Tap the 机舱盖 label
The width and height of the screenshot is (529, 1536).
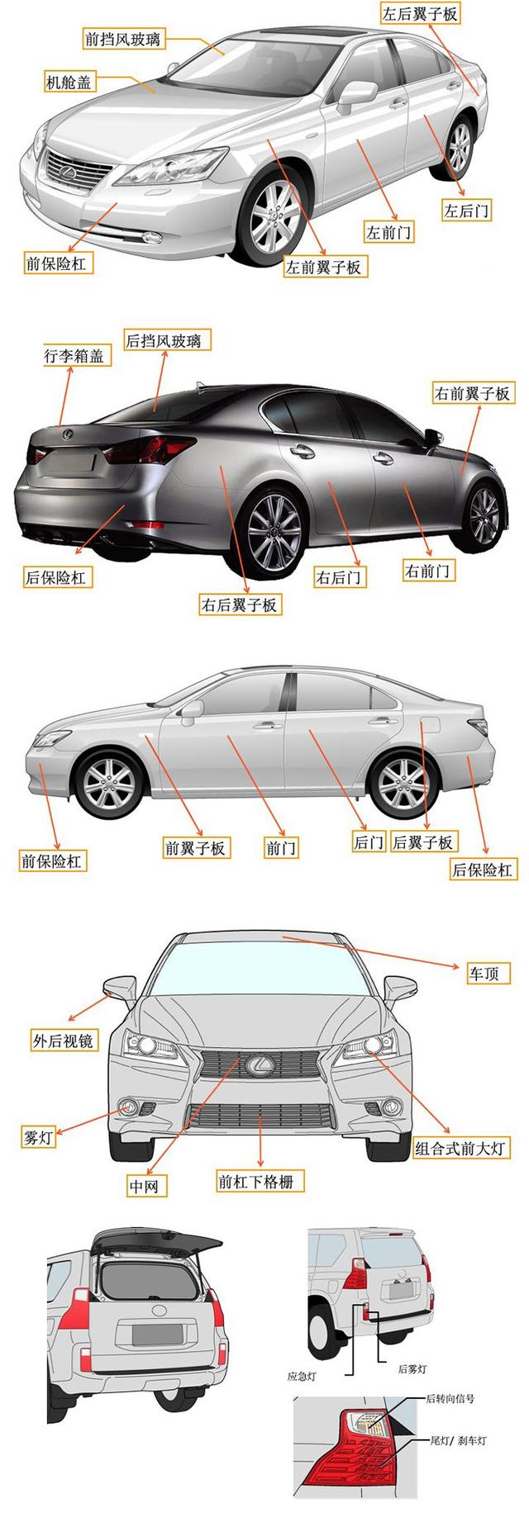(69, 83)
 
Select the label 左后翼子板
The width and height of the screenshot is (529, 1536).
(419, 12)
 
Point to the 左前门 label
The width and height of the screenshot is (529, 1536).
(388, 232)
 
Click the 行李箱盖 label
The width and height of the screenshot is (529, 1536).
(74, 356)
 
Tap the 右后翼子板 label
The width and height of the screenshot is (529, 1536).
(240, 604)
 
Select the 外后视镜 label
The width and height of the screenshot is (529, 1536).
(64, 1041)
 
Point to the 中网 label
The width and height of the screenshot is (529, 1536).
(144, 1187)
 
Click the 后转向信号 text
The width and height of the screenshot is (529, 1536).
(450, 1398)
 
